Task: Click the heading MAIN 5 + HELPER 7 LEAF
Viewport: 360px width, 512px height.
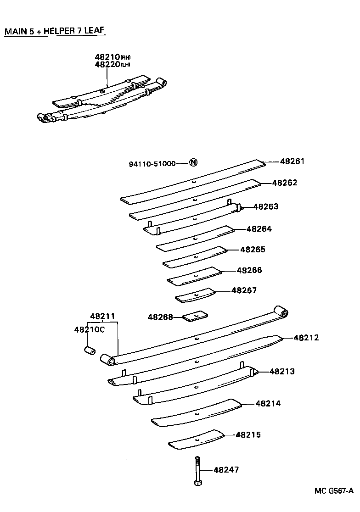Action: [x=55, y=31]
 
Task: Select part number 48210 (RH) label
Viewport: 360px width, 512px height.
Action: [x=112, y=57]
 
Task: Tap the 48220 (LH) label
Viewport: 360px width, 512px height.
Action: [x=112, y=65]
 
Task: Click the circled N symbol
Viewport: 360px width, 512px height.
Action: [x=193, y=162]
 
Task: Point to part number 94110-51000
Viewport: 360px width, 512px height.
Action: [x=152, y=163]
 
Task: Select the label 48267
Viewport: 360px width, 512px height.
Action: [x=244, y=290]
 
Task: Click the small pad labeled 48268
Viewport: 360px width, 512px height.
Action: [x=196, y=316]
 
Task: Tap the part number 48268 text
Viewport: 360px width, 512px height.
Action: [x=160, y=317]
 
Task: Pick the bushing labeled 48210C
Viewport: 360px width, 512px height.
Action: [x=89, y=351]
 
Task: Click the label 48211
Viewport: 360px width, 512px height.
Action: [x=102, y=316]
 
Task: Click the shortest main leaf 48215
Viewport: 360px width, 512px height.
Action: [x=196, y=440]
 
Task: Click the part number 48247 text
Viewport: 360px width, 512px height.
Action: [x=226, y=469]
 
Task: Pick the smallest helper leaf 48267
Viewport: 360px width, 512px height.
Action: [x=195, y=295]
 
